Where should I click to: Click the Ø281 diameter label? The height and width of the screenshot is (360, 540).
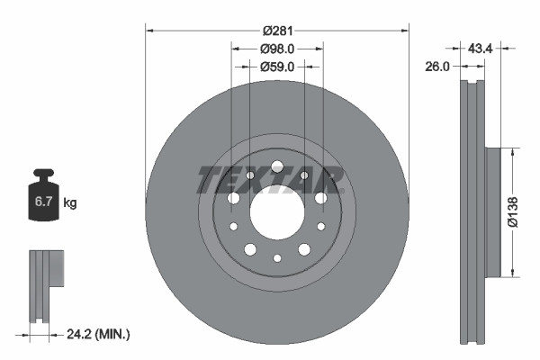click(277, 30)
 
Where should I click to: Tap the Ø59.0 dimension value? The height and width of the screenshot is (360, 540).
click(277, 66)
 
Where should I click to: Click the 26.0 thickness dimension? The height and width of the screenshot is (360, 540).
click(439, 66)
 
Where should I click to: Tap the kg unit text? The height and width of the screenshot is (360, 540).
click(69, 203)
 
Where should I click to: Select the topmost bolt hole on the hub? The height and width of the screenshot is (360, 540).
click(277, 166)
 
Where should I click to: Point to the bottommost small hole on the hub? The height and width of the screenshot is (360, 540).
click(277, 258)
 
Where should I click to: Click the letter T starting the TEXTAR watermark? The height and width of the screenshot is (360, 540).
click(209, 180)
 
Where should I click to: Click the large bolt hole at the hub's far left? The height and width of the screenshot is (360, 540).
click(233, 198)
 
